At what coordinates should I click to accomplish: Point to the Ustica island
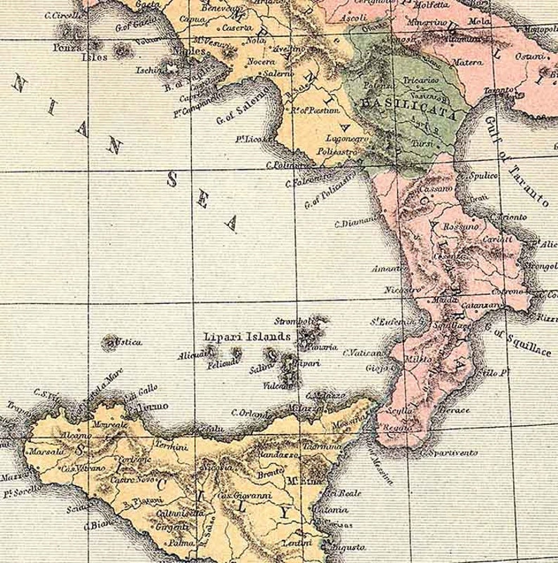(110, 343)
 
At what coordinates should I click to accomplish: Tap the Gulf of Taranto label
(516, 161)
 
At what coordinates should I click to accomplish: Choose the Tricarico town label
(420, 81)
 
